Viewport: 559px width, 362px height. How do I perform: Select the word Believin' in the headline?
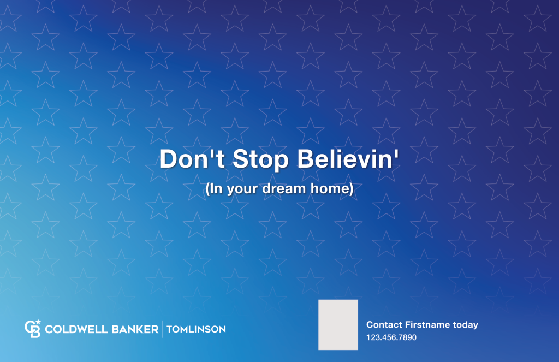click(x=348, y=159)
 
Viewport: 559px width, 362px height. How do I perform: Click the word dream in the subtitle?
click(x=298, y=189)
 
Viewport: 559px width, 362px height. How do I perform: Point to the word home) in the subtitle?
click(x=336, y=189)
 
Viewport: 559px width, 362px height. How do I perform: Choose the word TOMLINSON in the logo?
click(x=196, y=329)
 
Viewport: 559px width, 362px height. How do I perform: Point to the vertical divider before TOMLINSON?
click(x=163, y=329)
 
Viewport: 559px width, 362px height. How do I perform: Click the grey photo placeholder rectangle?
click(x=338, y=324)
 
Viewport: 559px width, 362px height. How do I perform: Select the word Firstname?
click(x=427, y=325)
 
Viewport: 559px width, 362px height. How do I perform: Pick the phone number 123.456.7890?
click(x=391, y=338)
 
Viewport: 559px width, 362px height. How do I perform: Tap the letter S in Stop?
click(x=240, y=159)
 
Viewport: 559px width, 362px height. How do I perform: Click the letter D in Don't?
click(x=168, y=159)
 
